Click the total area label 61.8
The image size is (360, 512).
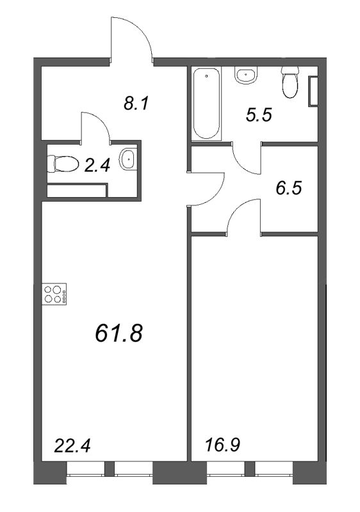point(118,333)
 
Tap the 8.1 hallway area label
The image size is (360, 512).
point(136,102)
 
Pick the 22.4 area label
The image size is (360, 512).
point(70,444)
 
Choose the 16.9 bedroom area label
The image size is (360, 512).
point(222,444)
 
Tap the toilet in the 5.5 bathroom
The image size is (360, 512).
point(290,84)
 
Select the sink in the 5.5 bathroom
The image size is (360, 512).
point(245,76)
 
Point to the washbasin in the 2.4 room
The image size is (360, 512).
point(129,160)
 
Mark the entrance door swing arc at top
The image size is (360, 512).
point(133,38)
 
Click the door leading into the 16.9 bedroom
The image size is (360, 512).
point(243,216)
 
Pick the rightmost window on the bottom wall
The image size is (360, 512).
point(274,469)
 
